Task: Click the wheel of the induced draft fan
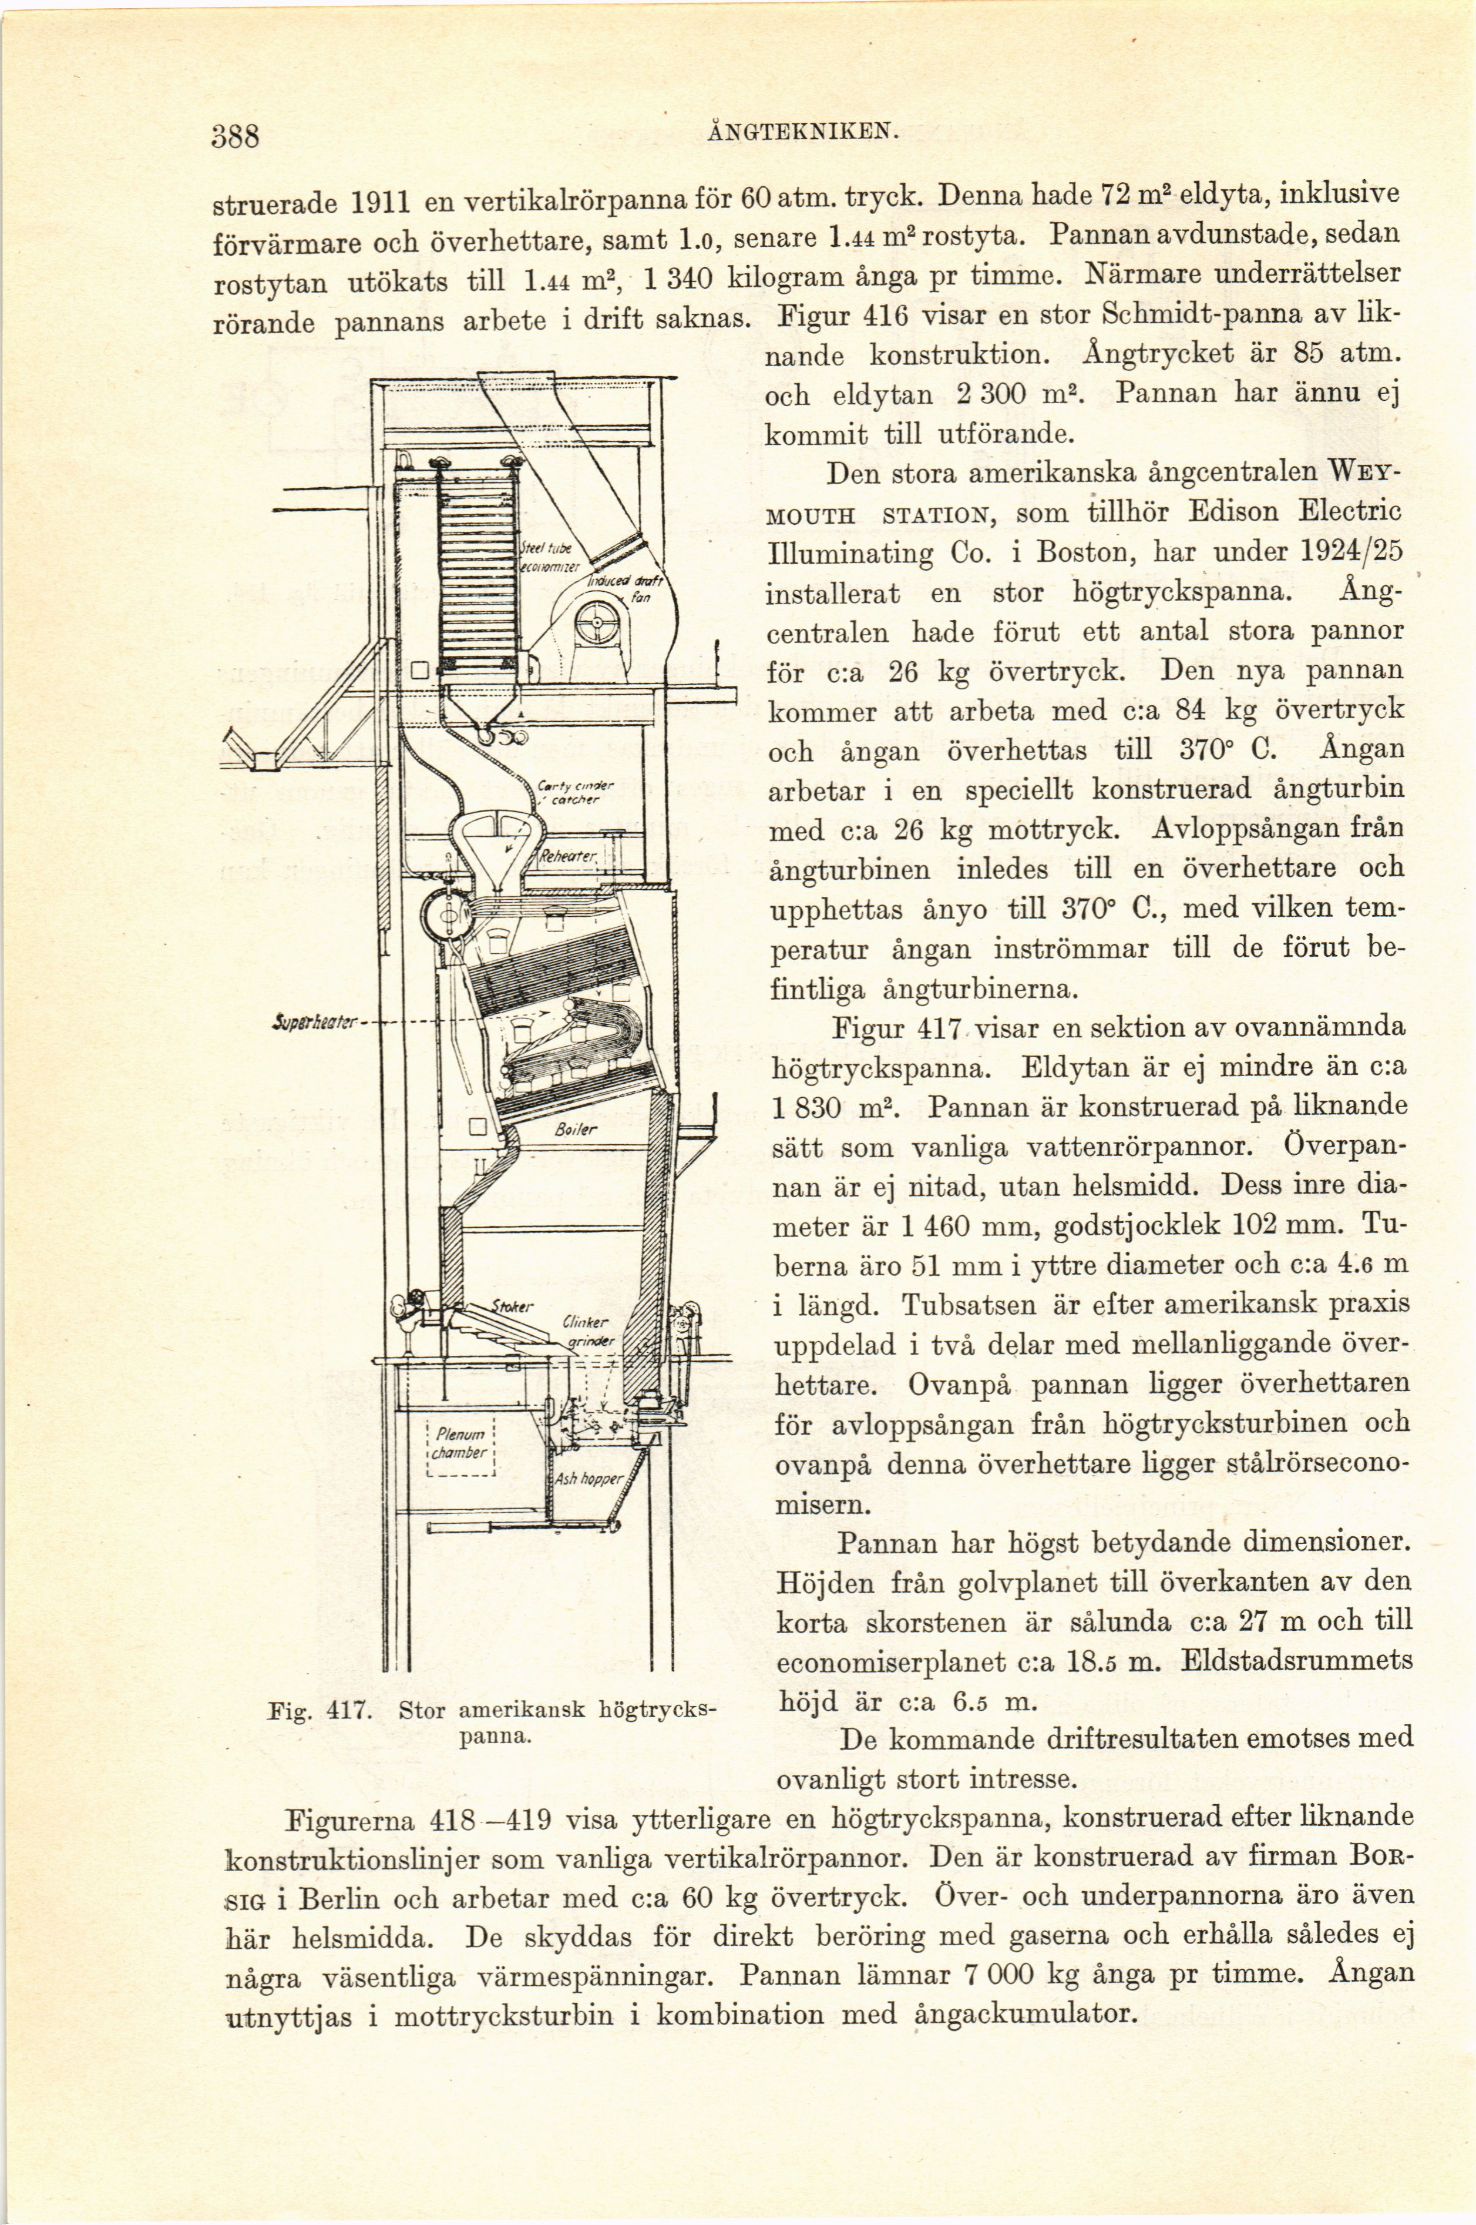click(596, 621)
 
